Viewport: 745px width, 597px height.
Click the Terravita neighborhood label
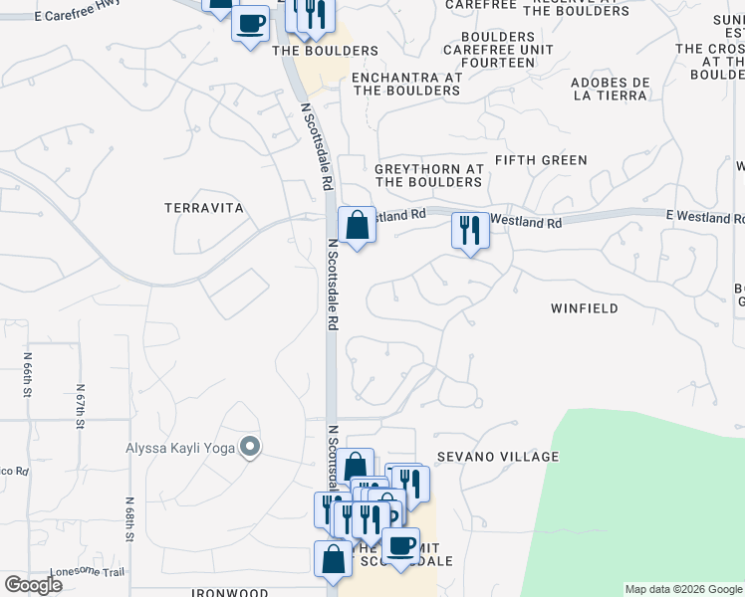pyautogui.click(x=204, y=207)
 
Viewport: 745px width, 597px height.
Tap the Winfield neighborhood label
pyautogui.click(x=585, y=308)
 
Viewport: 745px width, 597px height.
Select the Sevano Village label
pyautogui.click(x=497, y=457)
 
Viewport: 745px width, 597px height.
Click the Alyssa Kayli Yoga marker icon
pyautogui.click(x=250, y=448)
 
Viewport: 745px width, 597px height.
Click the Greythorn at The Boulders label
pyautogui.click(x=428, y=175)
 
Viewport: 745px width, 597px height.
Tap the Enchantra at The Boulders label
pyautogui.click(x=405, y=84)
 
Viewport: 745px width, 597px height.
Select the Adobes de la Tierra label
pyautogui.click(x=613, y=90)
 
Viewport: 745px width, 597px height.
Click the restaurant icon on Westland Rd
pyautogui.click(x=468, y=231)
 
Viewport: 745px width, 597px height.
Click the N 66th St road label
pyautogui.click(x=27, y=374)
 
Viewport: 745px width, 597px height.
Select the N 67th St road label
pyautogui.click(x=79, y=407)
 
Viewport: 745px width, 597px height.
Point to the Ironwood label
pyautogui.click(x=229, y=593)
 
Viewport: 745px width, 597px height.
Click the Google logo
pyautogui.click(x=33, y=585)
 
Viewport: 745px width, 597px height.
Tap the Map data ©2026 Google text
pyautogui.click(x=682, y=589)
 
